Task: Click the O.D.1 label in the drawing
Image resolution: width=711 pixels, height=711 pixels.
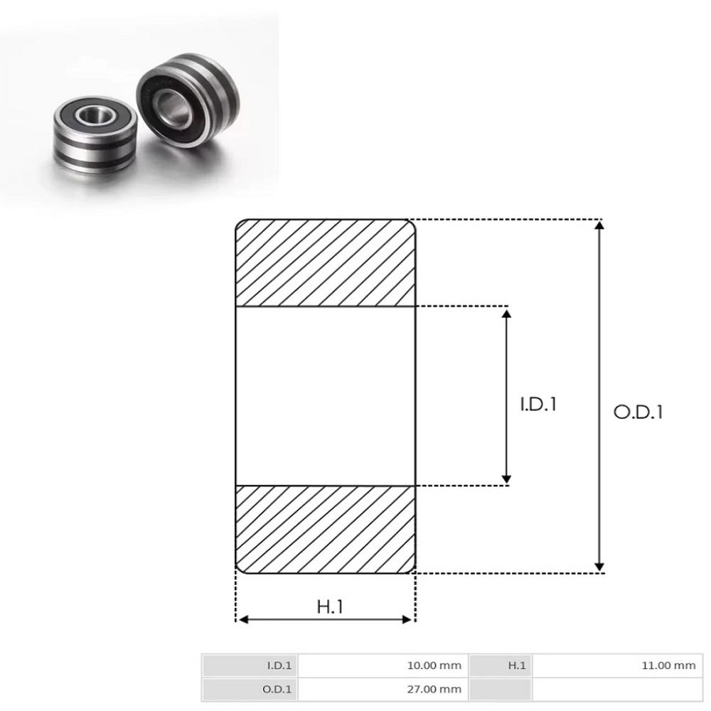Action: (x=638, y=412)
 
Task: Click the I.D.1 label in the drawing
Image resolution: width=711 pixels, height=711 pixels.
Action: (x=538, y=404)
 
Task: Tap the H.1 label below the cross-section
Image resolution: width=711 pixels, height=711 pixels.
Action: (x=330, y=606)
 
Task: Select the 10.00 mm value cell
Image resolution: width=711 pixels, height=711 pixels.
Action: (x=383, y=665)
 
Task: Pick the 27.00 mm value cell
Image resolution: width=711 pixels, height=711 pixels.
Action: (x=383, y=690)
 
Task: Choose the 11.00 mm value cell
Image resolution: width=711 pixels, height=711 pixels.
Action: (x=618, y=665)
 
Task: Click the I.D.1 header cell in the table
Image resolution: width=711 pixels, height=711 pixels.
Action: (x=250, y=665)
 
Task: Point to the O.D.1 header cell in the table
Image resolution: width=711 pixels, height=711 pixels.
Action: (x=250, y=690)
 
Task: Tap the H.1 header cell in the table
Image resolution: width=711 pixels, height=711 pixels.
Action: (x=501, y=665)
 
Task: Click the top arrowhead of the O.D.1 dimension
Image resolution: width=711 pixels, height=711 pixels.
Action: (x=599, y=225)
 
